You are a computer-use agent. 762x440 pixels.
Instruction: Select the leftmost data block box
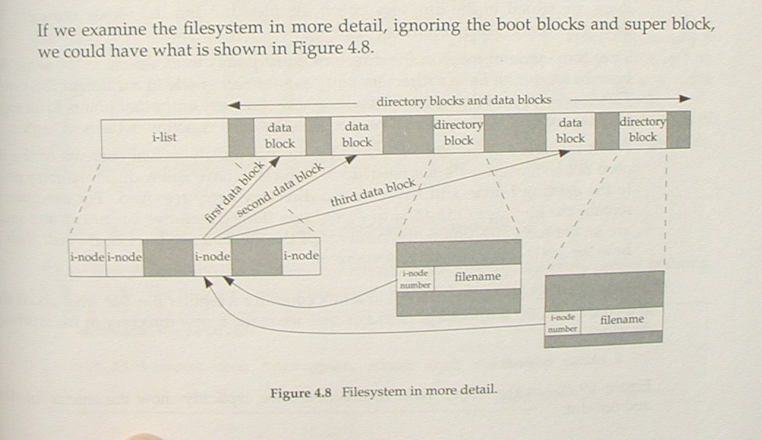tap(279, 136)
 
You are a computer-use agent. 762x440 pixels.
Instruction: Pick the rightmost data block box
tap(570, 131)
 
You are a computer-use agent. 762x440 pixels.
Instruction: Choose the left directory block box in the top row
tap(459, 133)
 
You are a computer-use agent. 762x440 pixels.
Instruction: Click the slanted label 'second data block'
tap(280, 187)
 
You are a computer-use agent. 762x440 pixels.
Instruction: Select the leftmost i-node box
tap(86, 257)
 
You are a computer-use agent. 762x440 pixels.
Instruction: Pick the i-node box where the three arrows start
tap(212, 257)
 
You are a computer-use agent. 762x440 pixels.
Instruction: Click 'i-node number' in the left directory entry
tap(414, 279)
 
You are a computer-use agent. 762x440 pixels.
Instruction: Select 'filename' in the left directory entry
tap(477, 276)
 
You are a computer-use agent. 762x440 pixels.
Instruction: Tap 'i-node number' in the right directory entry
tap(563, 323)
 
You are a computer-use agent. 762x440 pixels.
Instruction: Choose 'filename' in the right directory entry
tap(622, 319)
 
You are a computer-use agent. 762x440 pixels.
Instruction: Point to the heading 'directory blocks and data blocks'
tap(463, 100)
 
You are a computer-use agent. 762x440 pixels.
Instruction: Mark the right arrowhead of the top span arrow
tap(684, 98)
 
